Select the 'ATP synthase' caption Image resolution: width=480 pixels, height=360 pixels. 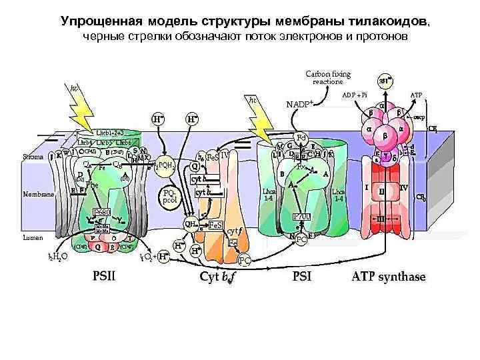coord(388,277)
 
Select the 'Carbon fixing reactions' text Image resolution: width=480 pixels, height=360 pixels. coord(327,77)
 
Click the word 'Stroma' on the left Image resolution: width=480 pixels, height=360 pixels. coord(34,157)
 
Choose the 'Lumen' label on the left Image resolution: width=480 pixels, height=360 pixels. coord(33,237)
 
